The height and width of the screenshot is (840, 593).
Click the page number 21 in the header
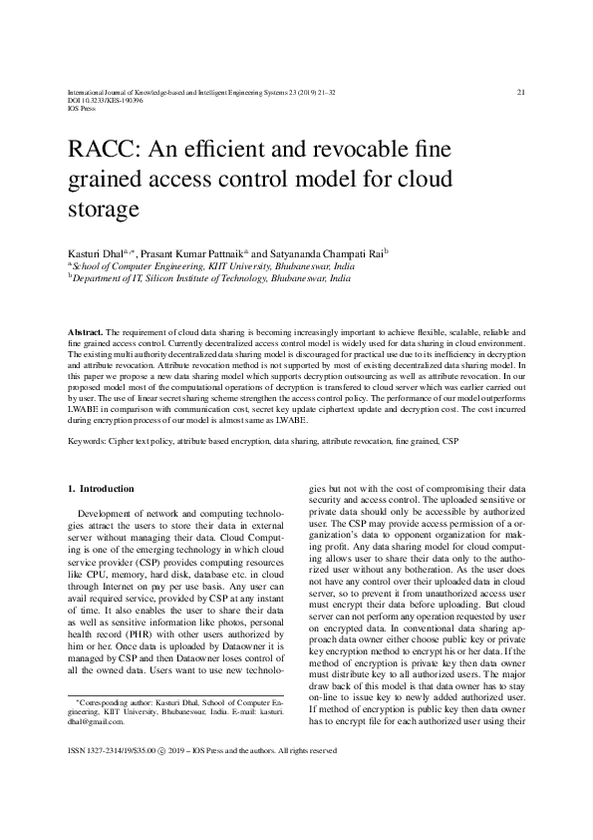pos(521,93)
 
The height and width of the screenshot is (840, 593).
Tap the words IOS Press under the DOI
pos(78,109)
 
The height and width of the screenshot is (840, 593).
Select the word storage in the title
pos(100,210)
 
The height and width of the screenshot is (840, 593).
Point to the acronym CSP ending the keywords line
pos(451,439)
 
